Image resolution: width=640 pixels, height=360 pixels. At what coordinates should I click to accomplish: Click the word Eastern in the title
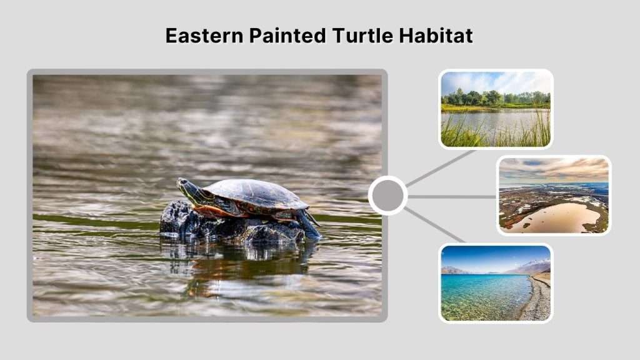click(204, 36)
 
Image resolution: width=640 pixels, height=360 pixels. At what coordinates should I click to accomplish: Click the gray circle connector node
click(387, 196)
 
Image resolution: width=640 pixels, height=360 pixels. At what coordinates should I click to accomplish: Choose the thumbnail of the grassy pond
click(496, 109)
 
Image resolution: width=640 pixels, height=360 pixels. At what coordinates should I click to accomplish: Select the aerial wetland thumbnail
click(553, 195)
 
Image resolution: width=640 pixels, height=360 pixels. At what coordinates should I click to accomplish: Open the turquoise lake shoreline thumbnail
click(496, 282)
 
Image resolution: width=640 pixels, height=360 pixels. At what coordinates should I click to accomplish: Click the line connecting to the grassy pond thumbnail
click(441, 167)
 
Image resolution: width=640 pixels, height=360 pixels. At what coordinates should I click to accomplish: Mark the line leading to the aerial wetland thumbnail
click(452, 196)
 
